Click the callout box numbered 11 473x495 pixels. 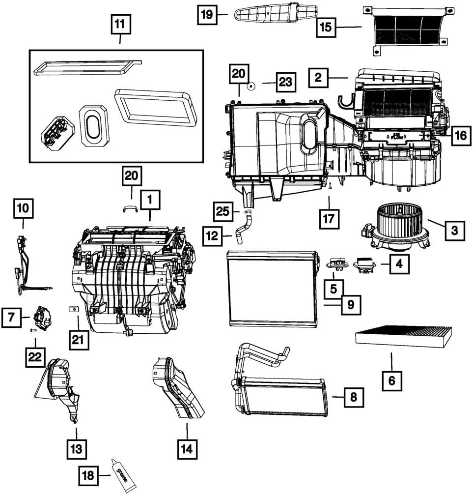(x=120, y=24)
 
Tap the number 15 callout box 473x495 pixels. (x=326, y=27)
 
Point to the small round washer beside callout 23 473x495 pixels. (x=251, y=85)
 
